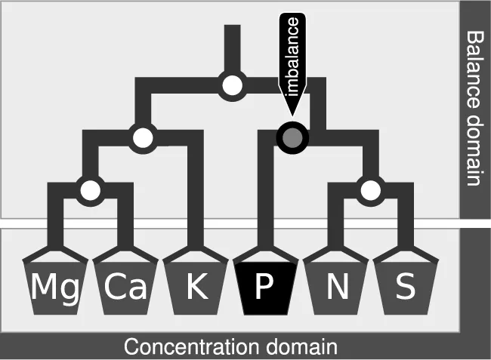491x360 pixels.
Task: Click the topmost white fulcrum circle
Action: click(233, 85)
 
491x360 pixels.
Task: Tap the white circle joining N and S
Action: click(369, 189)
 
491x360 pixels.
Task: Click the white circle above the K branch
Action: click(142, 137)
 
